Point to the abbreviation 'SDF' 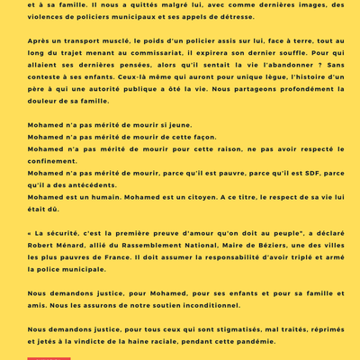pyautogui.click(x=312, y=172)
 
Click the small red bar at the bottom pyautogui.click(x=49, y=357)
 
